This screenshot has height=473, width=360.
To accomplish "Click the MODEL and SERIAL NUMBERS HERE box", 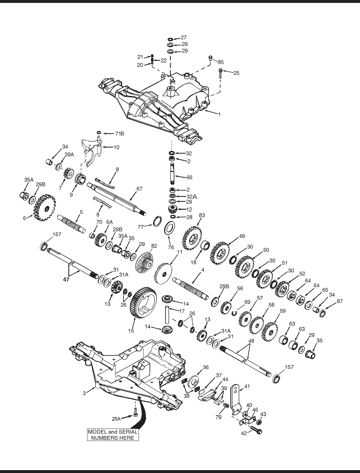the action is point(113,435).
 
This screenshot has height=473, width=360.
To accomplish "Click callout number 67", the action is point(139,189).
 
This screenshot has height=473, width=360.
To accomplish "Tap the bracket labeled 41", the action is point(236,399).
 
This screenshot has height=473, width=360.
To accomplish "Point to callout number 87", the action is point(339,301).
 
